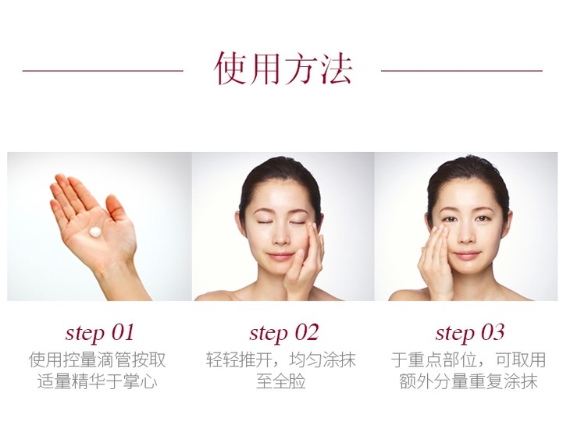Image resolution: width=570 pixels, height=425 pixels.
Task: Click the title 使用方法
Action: [283, 69]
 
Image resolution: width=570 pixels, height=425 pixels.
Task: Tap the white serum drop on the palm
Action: [95, 232]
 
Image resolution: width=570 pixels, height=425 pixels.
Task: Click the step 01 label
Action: [100, 332]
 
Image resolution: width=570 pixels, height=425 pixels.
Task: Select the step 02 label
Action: [284, 332]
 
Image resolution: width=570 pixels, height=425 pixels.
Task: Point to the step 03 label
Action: [470, 332]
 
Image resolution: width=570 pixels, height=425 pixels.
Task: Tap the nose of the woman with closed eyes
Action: [280, 236]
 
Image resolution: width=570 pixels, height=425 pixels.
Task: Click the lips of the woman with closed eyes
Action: [280, 257]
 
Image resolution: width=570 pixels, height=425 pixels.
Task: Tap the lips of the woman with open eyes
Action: [467, 255]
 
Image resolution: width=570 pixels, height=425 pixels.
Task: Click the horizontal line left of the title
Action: [103, 71]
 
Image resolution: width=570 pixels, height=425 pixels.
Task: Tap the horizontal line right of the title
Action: [461, 71]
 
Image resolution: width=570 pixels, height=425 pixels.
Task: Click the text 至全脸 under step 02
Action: [281, 382]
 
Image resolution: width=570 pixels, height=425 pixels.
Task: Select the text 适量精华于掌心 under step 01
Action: [97, 382]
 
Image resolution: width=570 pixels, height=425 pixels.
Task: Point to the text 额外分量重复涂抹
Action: [468, 382]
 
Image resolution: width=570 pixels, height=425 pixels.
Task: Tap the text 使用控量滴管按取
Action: [97, 359]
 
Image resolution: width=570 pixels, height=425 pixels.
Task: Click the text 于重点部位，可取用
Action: [468, 359]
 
